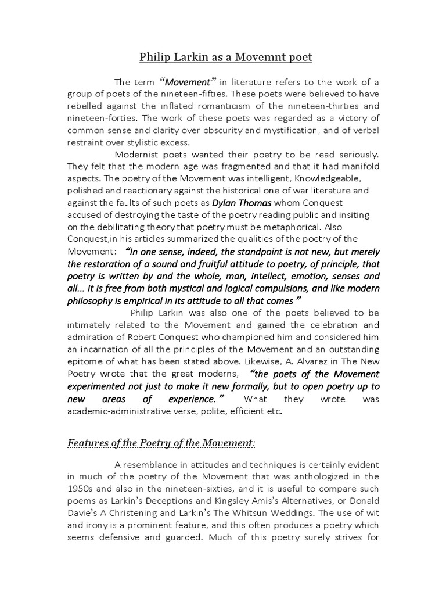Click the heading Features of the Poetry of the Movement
(161, 443)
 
